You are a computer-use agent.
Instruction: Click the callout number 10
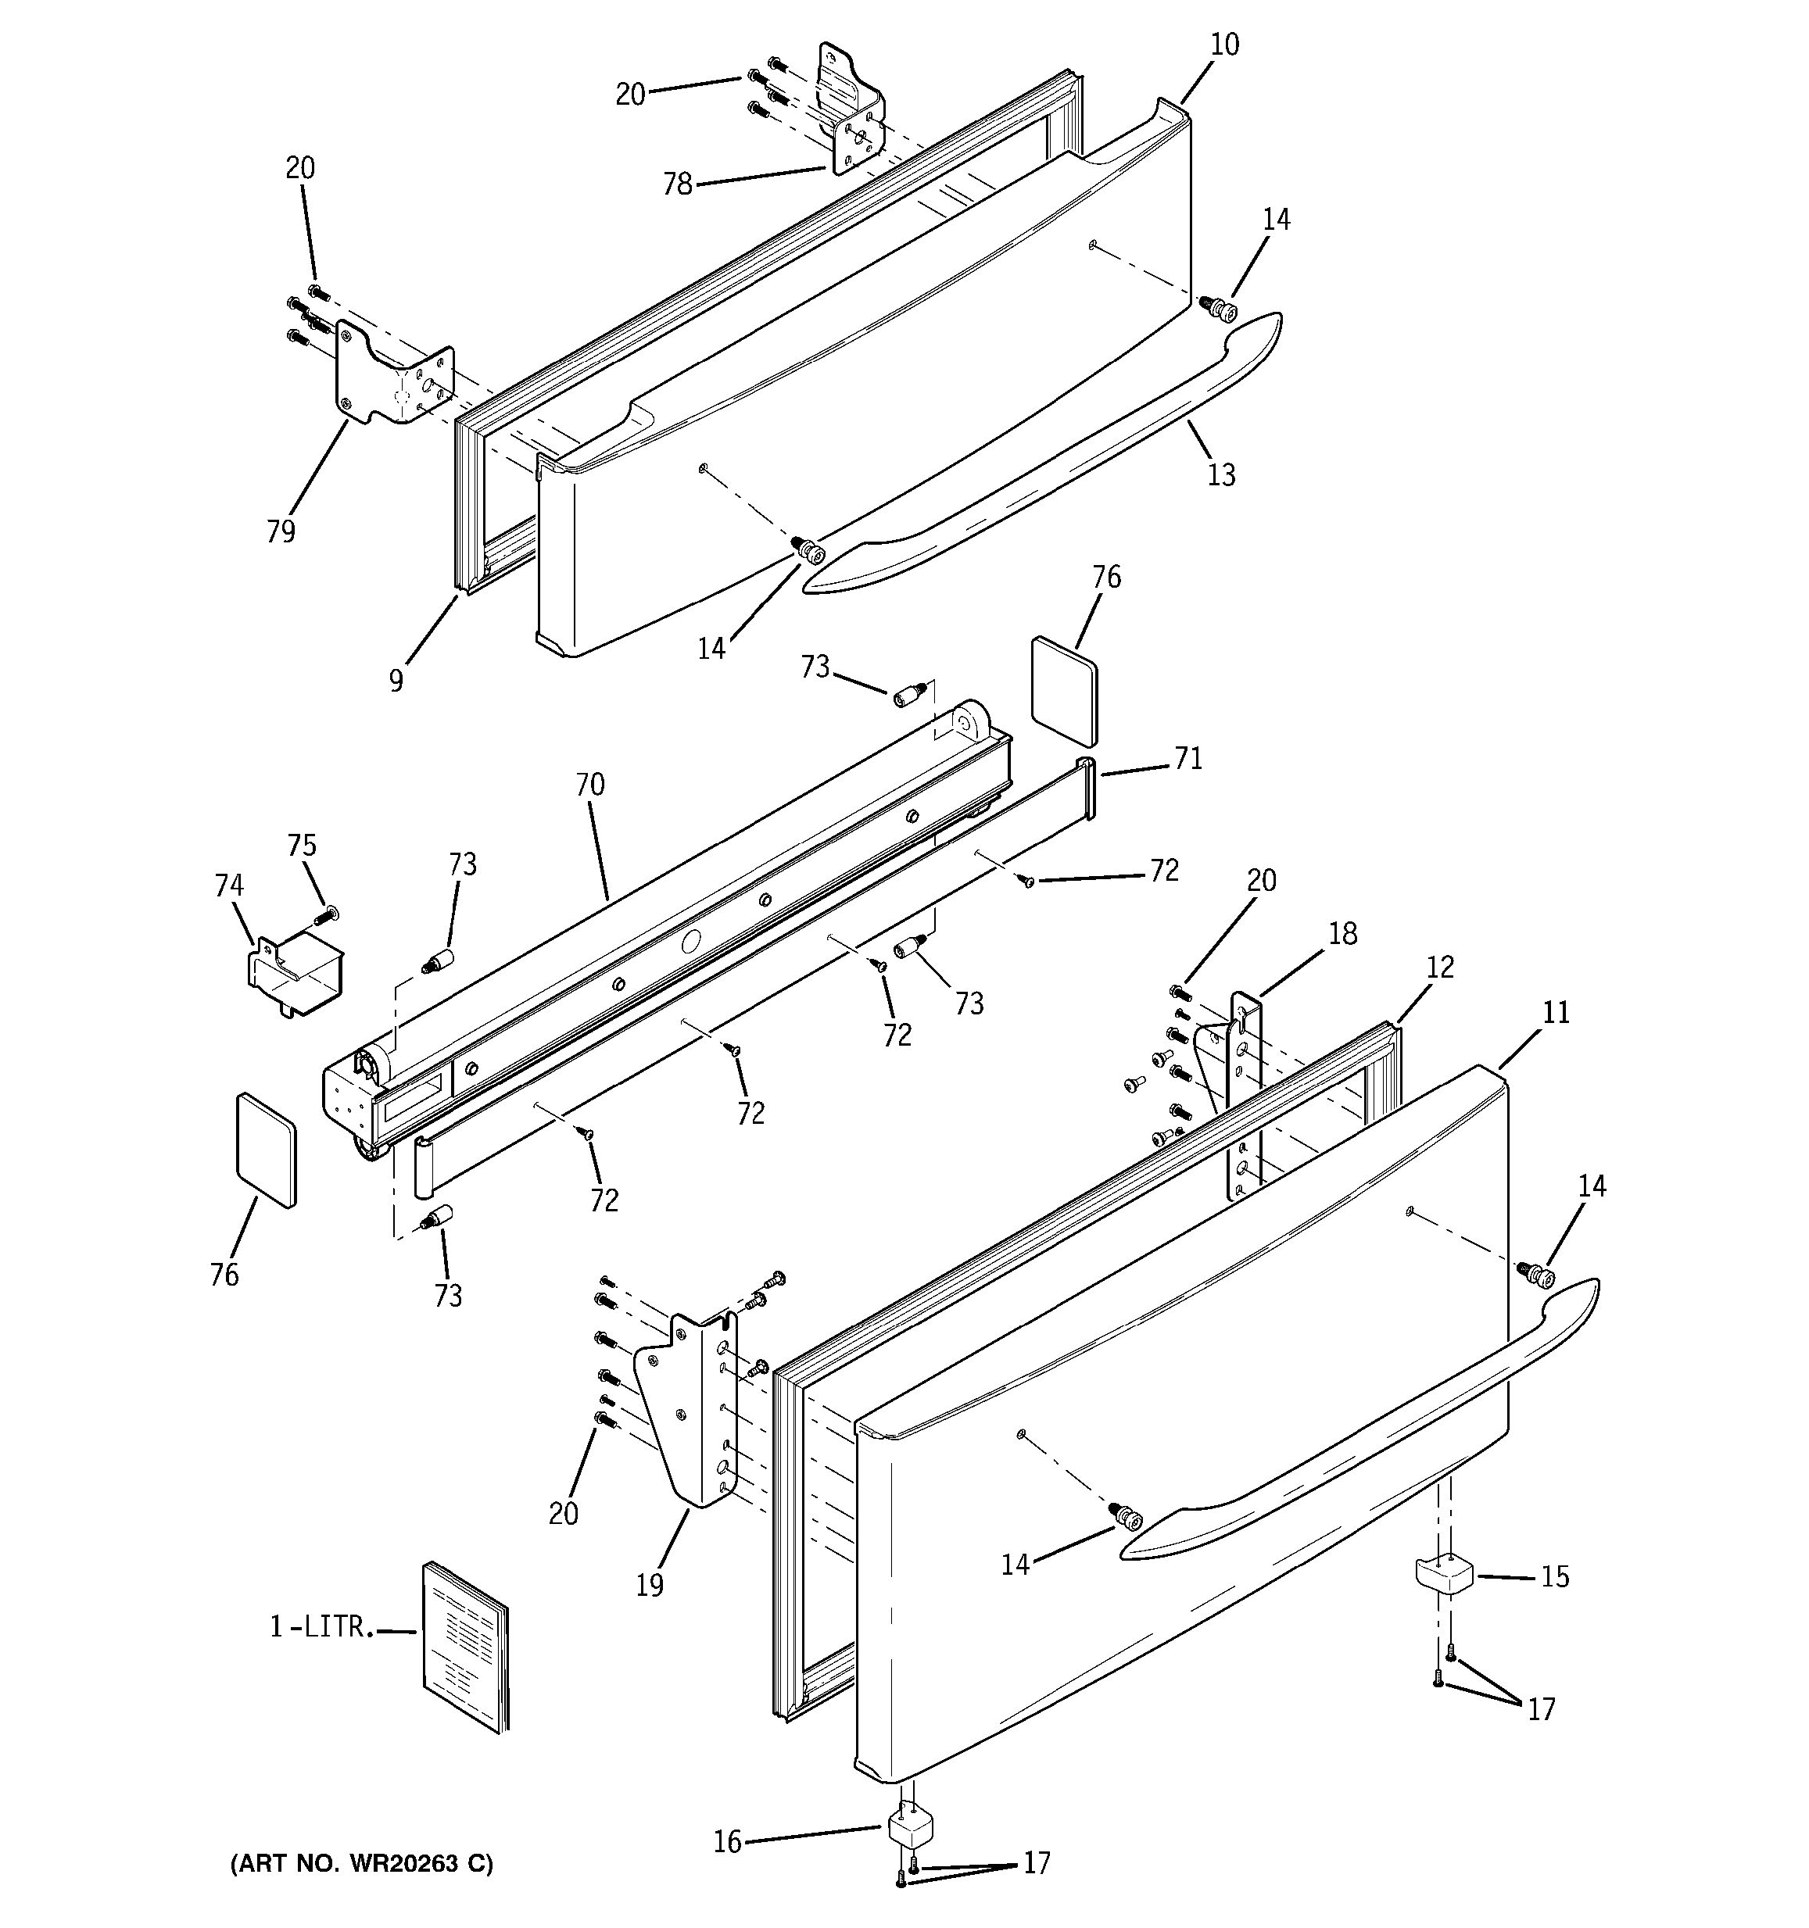point(1224,45)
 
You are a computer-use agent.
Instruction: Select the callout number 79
point(281,531)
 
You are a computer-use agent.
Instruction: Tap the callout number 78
point(677,184)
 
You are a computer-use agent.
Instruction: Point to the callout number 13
point(1221,474)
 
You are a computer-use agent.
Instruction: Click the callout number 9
point(396,681)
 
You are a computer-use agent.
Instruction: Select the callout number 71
point(1188,758)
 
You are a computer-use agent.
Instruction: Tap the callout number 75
point(302,845)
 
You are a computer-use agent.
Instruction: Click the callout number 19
point(650,1585)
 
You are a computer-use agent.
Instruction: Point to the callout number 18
point(1342,933)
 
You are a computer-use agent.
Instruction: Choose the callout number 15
point(1555,1577)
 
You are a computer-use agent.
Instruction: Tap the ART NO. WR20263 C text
point(361,1863)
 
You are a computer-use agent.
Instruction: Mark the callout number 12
point(1441,967)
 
